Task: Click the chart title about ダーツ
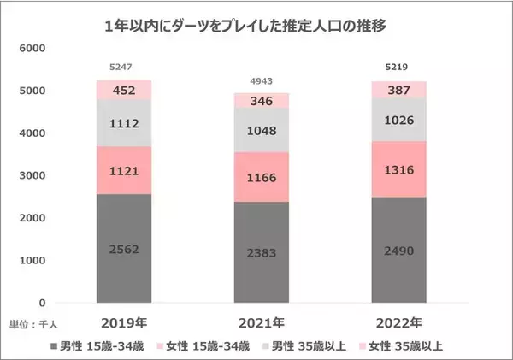[x=256, y=27]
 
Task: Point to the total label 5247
[x=121, y=66]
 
